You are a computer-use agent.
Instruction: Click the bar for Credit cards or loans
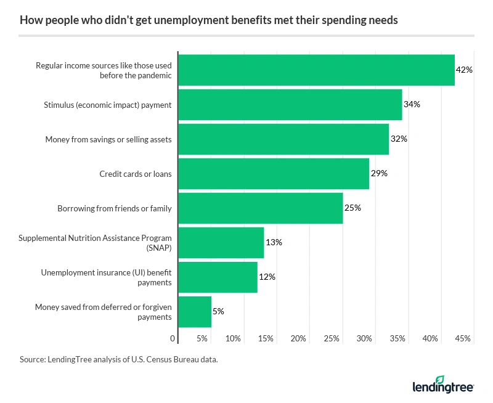pos(274,174)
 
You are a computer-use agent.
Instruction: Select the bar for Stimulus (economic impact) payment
pos(290,105)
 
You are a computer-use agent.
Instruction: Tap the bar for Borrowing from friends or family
pos(260,208)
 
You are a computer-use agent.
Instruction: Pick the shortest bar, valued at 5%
pos(195,312)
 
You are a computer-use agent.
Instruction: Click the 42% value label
pos(463,70)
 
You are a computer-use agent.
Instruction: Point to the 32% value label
pos(399,139)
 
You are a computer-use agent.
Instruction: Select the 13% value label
pos(274,242)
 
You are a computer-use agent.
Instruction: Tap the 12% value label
pos(267,277)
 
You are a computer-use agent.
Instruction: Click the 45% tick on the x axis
pos(463,338)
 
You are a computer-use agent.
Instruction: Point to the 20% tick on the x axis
pos(298,338)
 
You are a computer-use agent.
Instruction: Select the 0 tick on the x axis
pos(173,338)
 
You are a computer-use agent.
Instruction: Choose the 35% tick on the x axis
pos(397,338)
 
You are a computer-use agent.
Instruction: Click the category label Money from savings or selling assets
pos(108,139)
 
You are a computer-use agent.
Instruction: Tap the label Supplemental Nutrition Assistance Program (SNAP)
pos(95,243)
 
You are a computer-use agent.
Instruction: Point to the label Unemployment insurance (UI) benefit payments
pos(106,277)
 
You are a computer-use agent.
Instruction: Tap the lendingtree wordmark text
pos(442,388)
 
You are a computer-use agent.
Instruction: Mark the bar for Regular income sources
pos(316,70)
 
